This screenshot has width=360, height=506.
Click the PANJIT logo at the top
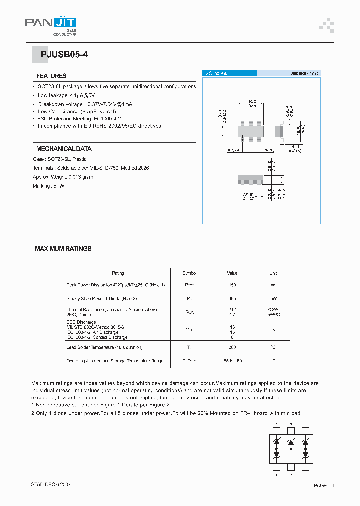tap(51, 24)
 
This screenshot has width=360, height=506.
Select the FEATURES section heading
tap(51, 76)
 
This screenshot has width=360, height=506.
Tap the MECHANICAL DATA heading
tap(64, 149)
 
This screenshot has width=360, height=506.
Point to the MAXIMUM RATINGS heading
tap(63, 248)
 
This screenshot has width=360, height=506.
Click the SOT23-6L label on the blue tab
tap(216, 73)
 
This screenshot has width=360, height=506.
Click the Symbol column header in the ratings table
tap(190, 273)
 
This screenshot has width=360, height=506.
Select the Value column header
tap(232, 273)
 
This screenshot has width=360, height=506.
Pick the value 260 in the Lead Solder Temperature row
tap(232, 347)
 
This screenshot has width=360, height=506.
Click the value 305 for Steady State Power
tap(232, 298)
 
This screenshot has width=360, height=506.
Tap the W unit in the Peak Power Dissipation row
tap(273, 285)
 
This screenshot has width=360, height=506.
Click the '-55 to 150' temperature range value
tap(232, 361)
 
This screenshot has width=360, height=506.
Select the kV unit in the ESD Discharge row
tap(273, 330)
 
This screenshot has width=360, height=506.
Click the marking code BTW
tap(59, 186)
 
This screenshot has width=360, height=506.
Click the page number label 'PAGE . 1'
tap(324, 485)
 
